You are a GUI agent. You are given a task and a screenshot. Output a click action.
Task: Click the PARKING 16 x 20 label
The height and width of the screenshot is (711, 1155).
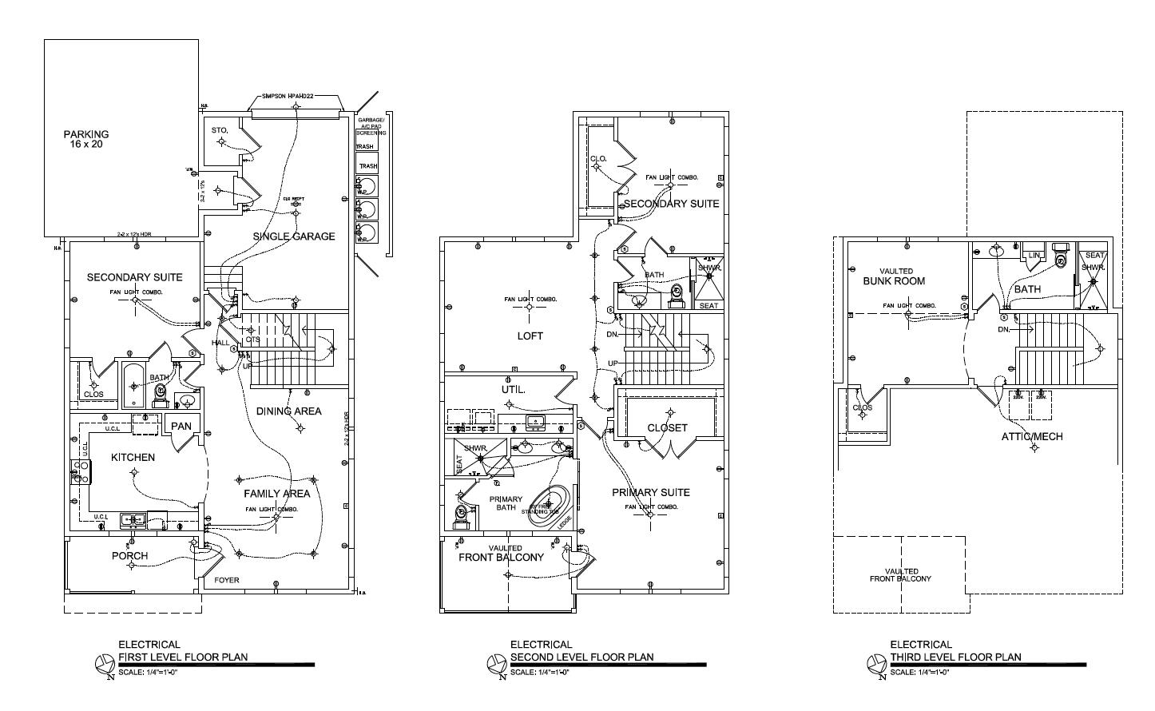pos(86,140)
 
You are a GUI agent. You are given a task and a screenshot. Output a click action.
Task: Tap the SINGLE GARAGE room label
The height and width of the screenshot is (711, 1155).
pos(294,236)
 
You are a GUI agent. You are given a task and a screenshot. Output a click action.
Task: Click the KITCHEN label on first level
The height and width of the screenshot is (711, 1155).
pos(133,458)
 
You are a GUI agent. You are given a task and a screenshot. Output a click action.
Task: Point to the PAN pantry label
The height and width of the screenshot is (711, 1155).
pos(181,426)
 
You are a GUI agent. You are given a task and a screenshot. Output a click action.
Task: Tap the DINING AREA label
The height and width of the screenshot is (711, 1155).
pos(288,411)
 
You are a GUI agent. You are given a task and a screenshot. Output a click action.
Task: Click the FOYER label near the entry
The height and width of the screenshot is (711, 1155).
pos(227,581)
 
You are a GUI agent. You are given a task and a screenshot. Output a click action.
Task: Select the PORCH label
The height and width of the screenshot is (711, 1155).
pos(129,556)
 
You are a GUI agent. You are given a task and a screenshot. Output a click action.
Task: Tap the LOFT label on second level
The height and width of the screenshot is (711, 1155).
pos(530,336)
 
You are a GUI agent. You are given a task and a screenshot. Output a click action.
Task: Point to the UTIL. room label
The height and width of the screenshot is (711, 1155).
pos(513,390)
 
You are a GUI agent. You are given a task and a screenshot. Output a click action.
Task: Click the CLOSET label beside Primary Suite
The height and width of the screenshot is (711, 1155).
pos(667,428)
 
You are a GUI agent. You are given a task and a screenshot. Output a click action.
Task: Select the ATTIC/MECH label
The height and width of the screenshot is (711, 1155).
pos(1032,437)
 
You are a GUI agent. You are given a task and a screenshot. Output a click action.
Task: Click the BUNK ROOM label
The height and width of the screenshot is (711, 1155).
pos(894,281)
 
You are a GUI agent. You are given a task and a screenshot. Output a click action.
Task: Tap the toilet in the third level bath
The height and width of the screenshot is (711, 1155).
pos(1061,257)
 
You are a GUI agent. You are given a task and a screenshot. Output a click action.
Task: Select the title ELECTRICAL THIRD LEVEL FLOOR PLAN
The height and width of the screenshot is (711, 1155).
pos(955,651)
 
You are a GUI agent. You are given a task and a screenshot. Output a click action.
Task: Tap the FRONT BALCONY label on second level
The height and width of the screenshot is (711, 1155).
pos(501,558)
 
